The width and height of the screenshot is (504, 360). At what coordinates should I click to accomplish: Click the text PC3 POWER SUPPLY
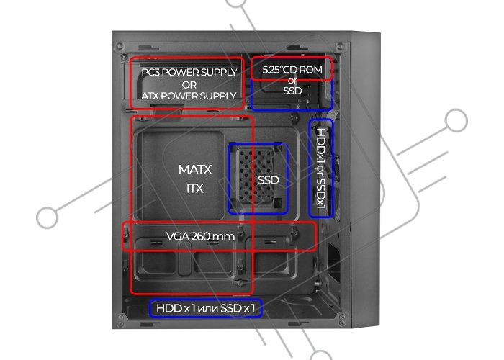[x=189, y=72]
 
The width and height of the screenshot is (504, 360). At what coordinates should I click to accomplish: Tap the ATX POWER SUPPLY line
[x=189, y=96]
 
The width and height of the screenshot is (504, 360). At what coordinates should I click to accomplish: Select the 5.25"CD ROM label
[x=292, y=69]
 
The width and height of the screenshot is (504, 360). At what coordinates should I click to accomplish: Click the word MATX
[x=195, y=169]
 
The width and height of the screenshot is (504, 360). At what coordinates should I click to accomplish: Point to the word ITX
[x=195, y=188]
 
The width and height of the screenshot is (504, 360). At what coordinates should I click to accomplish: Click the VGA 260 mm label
[x=200, y=236]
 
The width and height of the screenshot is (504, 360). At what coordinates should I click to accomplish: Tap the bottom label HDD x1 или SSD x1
[x=205, y=308]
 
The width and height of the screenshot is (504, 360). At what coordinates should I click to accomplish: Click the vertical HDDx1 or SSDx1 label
[x=321, y=168]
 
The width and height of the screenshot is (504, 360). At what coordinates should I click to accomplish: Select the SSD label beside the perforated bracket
[x=269, y=180]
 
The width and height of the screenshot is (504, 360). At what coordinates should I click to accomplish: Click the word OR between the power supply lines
[x=189, y=84]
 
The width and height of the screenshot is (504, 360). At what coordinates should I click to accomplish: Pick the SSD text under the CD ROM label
[x=292, y=91]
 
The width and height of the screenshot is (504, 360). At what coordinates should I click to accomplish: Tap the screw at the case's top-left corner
[x=120, y=47]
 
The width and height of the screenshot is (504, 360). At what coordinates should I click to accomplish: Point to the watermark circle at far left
[x=48, y=217]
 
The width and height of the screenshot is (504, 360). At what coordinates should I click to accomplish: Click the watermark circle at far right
[x=456, y=120]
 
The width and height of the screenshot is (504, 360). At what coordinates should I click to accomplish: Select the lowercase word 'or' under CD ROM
[x=292, y=81]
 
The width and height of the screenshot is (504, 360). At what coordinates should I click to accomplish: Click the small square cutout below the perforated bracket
[x=278, y=202]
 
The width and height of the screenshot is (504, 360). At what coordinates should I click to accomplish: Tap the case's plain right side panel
[x=366, y=180]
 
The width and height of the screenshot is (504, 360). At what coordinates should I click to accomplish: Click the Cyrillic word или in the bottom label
[x=207, y=309]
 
